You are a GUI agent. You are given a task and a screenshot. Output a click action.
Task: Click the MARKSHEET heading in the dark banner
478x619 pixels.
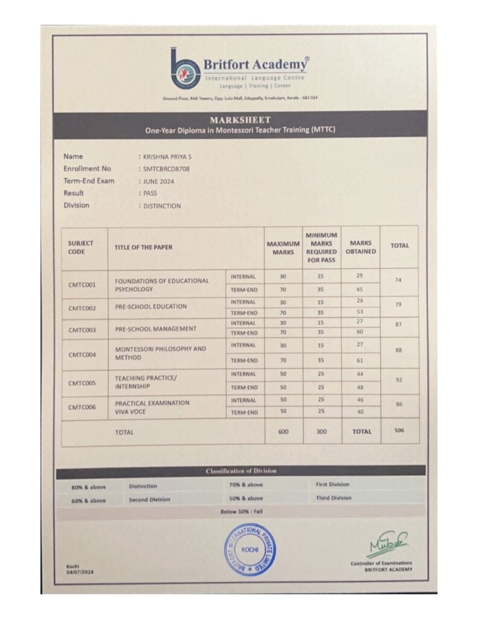coord(240,120)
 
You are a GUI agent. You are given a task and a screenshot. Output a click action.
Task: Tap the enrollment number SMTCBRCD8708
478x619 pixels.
coord(166,169)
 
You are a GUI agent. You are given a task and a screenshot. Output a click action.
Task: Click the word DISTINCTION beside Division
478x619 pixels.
coord(161,206)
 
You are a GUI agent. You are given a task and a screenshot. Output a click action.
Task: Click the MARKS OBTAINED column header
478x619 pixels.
coord(361,247)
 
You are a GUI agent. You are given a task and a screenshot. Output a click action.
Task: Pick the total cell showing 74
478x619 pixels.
coord(399,281)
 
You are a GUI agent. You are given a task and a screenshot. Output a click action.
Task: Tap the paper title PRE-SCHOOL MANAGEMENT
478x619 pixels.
coord(155,329)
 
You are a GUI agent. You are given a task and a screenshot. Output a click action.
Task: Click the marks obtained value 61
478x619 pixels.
coord(360,360)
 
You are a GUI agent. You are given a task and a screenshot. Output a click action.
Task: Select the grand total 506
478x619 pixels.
coord(399,431)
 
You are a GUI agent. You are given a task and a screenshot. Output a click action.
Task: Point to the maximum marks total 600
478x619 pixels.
coord(283,432)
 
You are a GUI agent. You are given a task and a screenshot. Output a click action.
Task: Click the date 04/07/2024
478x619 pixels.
coord(80,571)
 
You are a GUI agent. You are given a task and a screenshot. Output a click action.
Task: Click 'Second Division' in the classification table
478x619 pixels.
coord(149,499)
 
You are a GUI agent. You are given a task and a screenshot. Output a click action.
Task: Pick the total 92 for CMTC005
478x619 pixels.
coord(399,380)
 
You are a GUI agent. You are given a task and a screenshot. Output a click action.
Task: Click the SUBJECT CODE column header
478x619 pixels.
coord(81,247)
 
